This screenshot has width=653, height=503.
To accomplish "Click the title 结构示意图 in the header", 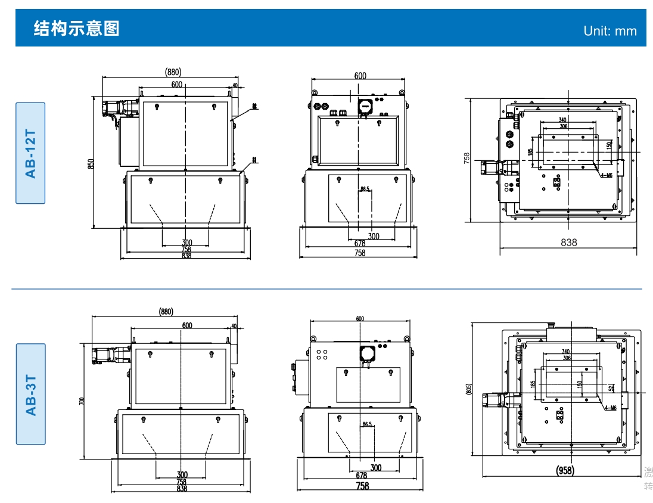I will click(x=77, y=28).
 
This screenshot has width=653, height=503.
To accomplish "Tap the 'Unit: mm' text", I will click(x=610, y=31).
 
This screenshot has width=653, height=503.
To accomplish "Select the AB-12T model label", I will click(x=30, y=153).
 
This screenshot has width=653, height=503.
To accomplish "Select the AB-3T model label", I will click(x=30, y=394).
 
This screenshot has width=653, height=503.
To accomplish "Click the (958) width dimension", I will click(x=565, y=471).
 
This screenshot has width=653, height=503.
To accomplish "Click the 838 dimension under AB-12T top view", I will click(x=569, y=243).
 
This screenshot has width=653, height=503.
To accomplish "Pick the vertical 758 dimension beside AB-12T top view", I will click(x=467, y=158).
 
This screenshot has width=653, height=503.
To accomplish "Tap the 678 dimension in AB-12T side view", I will click(x=360, y=244).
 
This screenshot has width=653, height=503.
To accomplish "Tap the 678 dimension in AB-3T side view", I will click(x=362, y=476).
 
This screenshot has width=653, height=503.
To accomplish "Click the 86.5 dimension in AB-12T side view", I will click(x=365, y=189).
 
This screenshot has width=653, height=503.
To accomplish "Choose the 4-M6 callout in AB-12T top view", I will click(x=607, y=175).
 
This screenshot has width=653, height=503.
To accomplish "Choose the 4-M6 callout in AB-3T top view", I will click(x=610, y=408).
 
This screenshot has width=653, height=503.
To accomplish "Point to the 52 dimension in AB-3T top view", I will click(x=611, y=389).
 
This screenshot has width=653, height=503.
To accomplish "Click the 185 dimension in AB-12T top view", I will click(x=530, y=152).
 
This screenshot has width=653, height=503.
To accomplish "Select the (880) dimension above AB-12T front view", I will click(x=173, y=72).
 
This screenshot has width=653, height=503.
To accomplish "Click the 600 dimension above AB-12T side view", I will click(x=360, y=76).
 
